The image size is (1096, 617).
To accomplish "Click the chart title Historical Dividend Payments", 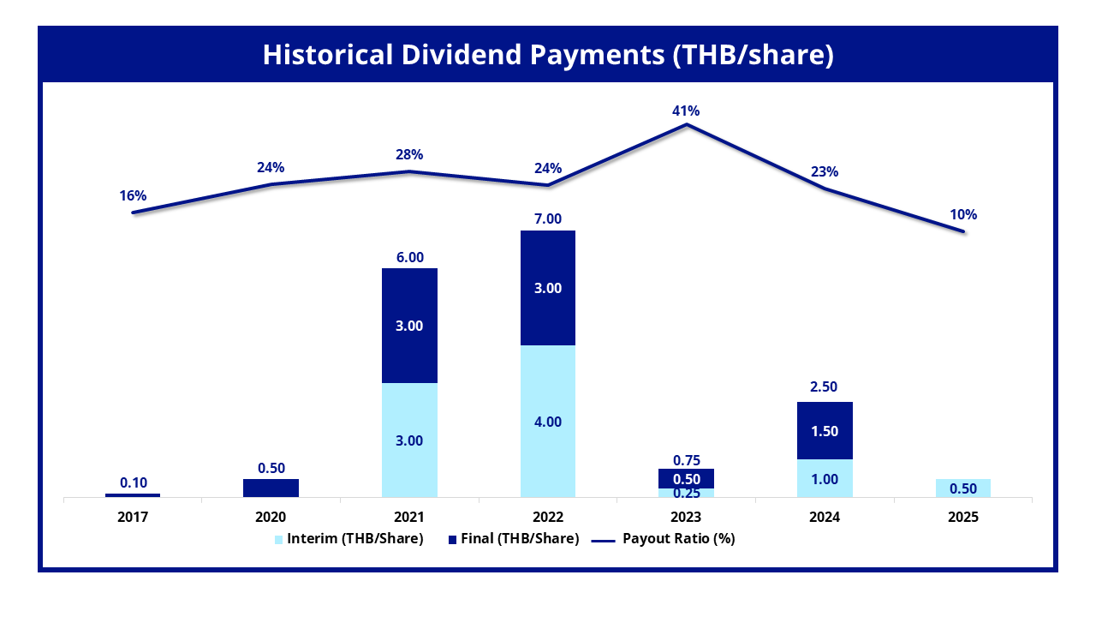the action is click(x=548, y=54).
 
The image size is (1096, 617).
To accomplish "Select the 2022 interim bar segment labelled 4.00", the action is click(x=548, y=421).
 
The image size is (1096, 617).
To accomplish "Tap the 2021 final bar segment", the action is click(x=409, y=326).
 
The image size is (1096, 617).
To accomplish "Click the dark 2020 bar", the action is click(x=271, y=488).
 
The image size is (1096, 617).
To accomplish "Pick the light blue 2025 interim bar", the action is click(x=963, y=488).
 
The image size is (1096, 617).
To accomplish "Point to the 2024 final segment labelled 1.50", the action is click(x=825, y=430).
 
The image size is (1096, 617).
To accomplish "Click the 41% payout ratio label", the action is click(x=686, y=111).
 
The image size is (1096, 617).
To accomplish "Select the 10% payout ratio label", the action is click(x=963, y=214).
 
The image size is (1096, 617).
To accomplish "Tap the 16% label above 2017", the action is click(x=133, y=196).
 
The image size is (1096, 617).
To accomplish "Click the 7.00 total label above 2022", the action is click(x=548, y=219).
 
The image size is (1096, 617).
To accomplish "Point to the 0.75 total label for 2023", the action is click(x=687, y=460).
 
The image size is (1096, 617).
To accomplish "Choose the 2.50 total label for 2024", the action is click(x=824, y=386).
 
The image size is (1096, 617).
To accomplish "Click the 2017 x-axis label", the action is click(x=133, y=517).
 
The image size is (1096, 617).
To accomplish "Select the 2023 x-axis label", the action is click(x=686, y=517).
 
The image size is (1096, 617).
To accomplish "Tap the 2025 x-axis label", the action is click(x=963, y=517).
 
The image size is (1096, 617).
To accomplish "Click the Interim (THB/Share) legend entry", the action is click(x=348, y=539).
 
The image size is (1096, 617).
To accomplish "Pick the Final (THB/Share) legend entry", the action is click(x=514, y=539).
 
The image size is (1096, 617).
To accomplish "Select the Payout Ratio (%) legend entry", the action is click(x=664, y=539).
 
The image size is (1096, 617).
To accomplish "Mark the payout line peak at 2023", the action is click(x=687, y=125).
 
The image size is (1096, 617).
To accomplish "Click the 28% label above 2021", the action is click(x=409, y=155).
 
